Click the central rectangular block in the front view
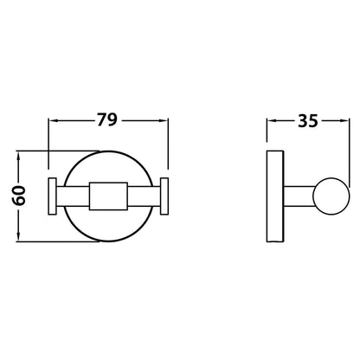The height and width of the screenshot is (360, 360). click(x=107, y=196)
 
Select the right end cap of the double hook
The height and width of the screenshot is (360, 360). click(x=163, y=196)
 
